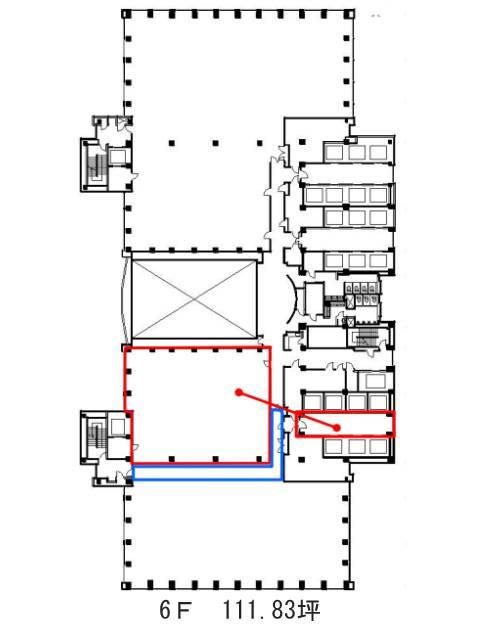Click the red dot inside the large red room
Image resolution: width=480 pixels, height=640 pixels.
click(239, 393)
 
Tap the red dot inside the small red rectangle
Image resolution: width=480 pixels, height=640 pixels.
click(336, 428)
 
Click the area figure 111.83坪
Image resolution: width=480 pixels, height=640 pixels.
click(271, 610)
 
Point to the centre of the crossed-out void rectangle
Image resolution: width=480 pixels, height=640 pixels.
click(194, 299)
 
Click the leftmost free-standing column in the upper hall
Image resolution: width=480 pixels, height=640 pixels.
click(172, 143)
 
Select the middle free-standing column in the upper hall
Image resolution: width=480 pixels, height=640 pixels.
click(216, 143)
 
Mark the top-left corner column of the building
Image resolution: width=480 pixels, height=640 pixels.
click(126, 14)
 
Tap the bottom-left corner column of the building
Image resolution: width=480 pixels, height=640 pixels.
click(126, 586)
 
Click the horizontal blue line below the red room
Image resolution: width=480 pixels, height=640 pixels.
click(207, 479)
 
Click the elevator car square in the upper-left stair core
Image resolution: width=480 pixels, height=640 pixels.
click(118, 157)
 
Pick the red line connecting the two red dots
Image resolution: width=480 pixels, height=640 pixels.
click(288, 410)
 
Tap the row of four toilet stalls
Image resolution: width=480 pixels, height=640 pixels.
click(362, 289)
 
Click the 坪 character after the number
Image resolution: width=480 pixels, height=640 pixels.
click(310, 610)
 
